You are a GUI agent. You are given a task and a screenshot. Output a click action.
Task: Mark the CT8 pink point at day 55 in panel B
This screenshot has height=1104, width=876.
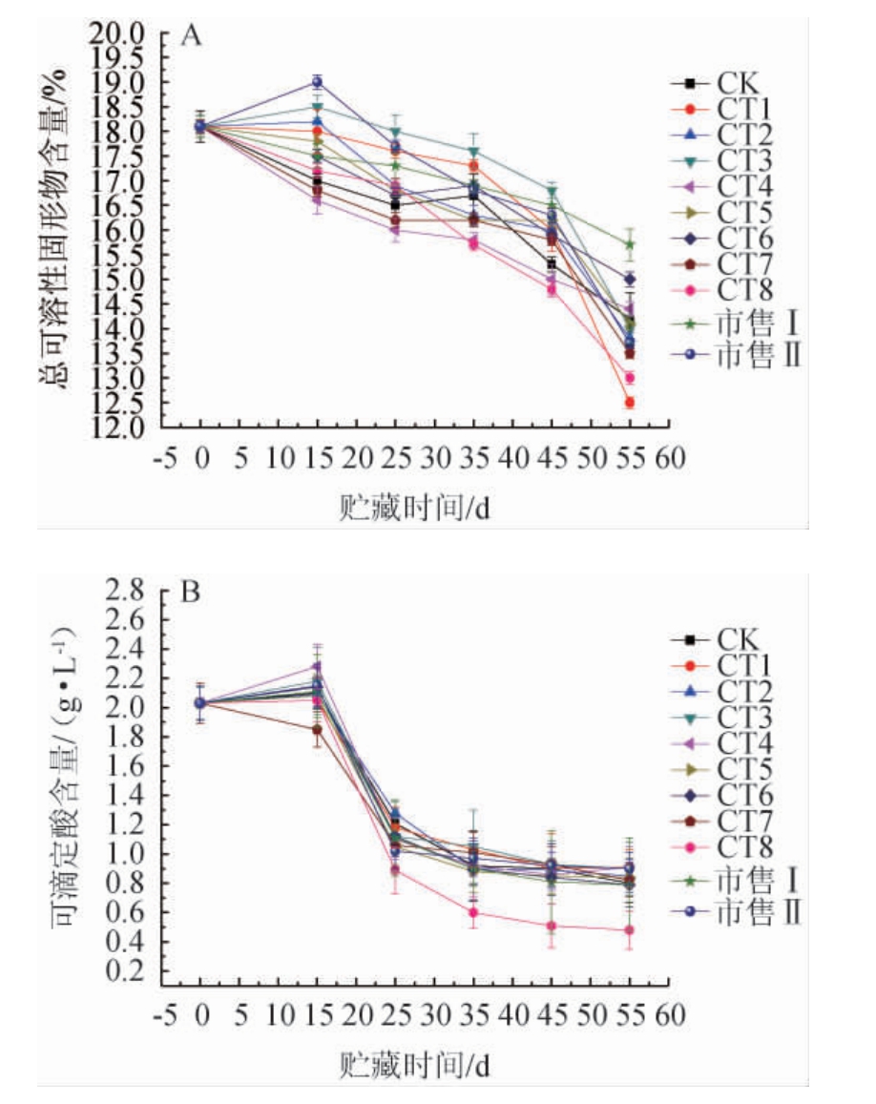(x=630, y=930)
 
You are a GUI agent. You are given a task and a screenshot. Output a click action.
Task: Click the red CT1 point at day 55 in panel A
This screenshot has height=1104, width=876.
(x=630, y=403)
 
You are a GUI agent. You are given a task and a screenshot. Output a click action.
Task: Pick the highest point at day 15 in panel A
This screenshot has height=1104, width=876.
(x=317, y=82)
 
